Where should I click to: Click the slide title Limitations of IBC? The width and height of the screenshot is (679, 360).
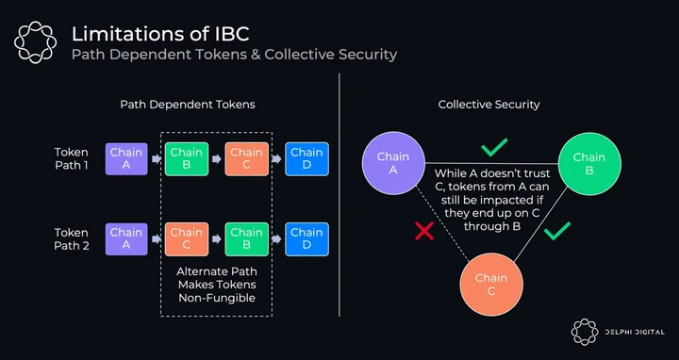tap(160, 34)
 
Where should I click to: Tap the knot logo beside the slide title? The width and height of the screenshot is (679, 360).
tap(36, 42)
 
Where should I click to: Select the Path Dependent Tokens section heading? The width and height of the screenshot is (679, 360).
tap(188, 105)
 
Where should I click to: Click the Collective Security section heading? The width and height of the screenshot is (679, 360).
tap(489, 105)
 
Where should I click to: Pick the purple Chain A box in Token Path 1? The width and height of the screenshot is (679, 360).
tap(126, 159)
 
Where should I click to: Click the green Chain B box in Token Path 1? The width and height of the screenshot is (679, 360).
tap(187, 159)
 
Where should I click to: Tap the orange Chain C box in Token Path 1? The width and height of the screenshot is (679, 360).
tap(247, 159)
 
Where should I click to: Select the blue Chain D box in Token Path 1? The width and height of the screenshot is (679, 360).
tap(307, 159)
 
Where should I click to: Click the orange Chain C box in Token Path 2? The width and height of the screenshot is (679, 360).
tap(187, 239)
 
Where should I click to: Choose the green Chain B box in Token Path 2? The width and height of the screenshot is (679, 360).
tap(247, 239)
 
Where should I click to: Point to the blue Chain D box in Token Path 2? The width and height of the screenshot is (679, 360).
tap(307, 239)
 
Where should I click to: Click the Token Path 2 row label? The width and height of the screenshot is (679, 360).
tap(72, 239)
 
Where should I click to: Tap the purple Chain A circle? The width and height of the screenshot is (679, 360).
tap(393, 163)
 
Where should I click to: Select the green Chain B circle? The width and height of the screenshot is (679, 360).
tap(589, 164)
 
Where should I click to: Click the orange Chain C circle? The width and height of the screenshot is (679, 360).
tap(491, 285)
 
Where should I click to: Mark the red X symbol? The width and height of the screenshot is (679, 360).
tap(424, 231)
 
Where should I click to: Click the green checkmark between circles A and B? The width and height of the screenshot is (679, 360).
tap(494, 147)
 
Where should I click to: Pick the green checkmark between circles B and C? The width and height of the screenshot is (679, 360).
tap(557, 231)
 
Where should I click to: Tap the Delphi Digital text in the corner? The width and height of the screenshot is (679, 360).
tap(635, 333)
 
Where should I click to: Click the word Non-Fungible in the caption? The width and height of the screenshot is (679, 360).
tap(217, 298)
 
